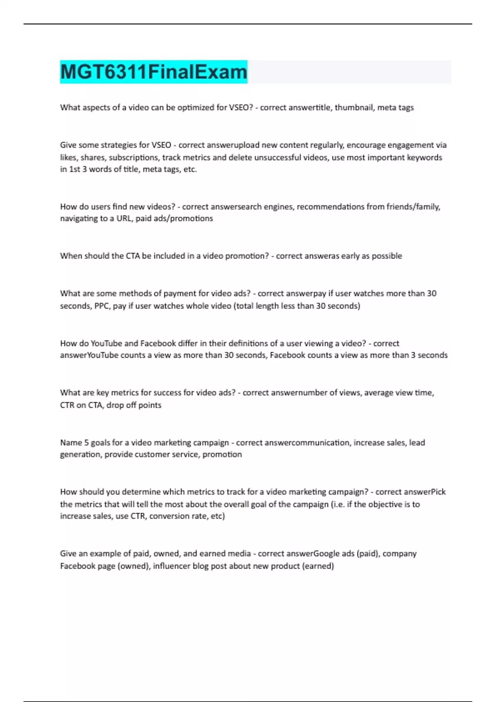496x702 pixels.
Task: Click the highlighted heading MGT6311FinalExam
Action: pyautogui.click(x=153, y=72)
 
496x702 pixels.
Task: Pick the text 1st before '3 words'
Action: pyautogui.click(x=74, y=169)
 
